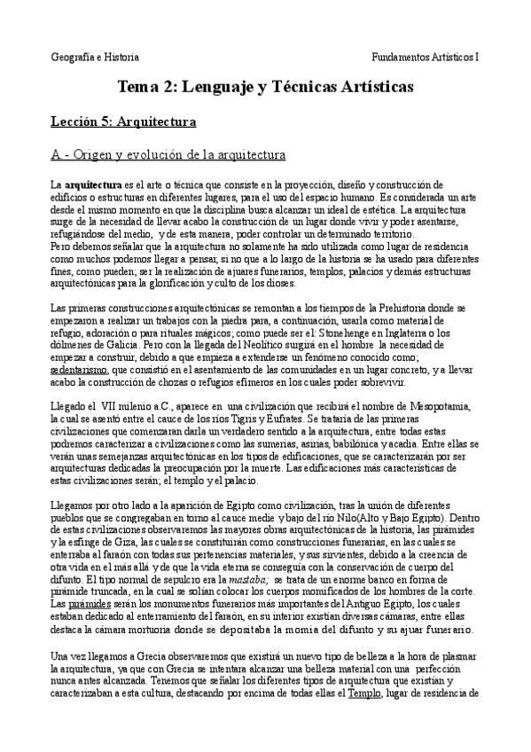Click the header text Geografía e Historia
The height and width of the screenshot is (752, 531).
tap(95, 56)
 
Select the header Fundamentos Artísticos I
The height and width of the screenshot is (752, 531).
tap(426, 56)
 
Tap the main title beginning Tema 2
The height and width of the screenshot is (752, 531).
tap(265, 87)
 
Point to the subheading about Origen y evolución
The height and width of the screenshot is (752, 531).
tap(168, 155)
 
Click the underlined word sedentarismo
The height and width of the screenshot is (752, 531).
tap(79, 367)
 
